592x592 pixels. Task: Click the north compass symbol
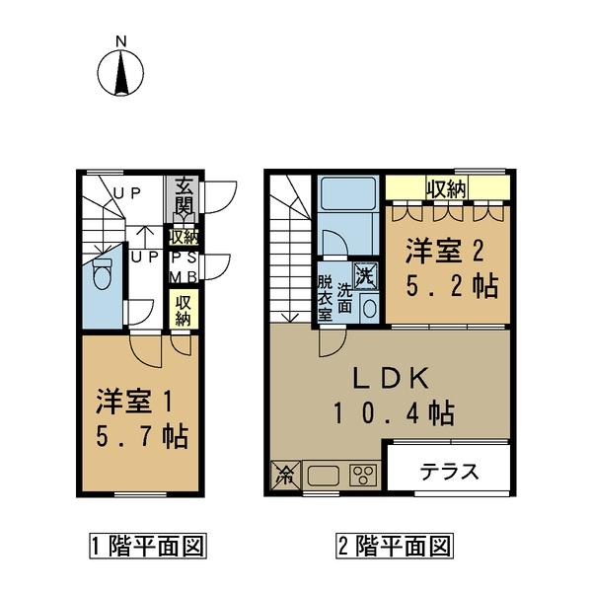tap(120, 69)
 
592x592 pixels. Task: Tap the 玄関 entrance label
tap(184, 196)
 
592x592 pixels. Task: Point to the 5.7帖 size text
tap(142, 436)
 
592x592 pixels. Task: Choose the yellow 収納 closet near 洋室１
tap(184, 310)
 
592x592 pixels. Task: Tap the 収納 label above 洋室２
tap(446, 187)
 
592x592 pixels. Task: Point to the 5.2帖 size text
tap(453, 287)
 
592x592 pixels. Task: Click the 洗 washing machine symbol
tap(366, 273)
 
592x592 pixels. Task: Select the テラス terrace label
tap(450, 471)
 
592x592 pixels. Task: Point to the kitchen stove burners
tap(362, 475)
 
